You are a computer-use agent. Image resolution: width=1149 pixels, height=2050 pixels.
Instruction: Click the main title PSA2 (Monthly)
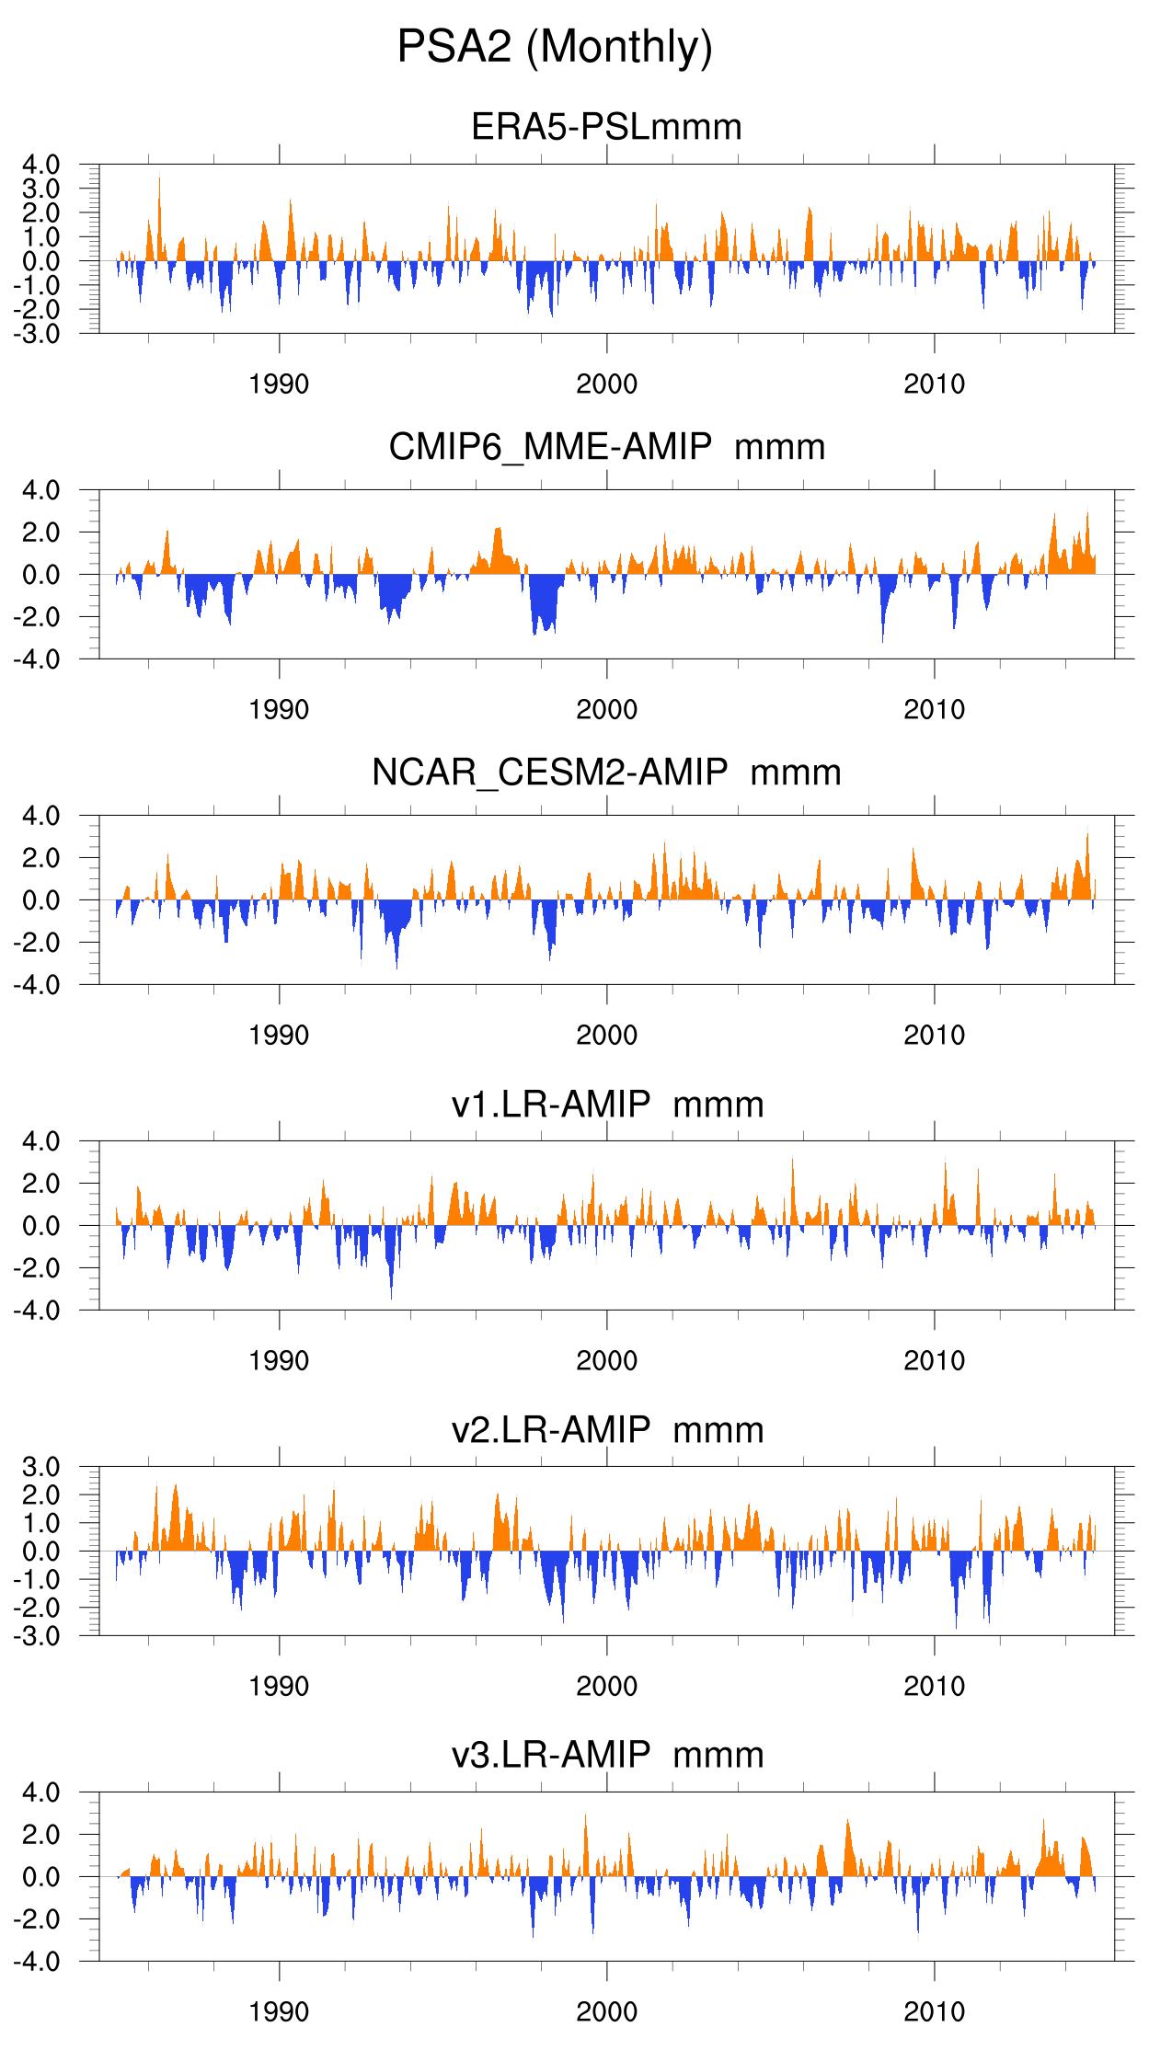click(555, 47)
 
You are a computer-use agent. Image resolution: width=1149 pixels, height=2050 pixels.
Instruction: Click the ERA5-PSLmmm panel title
click(606, 127)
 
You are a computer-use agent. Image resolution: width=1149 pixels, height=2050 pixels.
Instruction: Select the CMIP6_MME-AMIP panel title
click(606, 447)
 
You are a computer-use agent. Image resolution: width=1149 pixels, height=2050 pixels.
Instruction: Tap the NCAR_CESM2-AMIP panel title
click(606, 773)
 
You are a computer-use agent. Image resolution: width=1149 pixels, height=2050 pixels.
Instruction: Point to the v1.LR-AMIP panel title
click(606, 1105)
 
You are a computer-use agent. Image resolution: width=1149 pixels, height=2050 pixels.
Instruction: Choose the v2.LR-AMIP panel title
click(606, 1430)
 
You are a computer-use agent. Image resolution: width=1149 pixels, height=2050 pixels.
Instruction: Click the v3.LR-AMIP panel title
click(606, 1756)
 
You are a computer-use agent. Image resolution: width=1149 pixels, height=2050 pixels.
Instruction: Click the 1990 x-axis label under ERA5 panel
click(279, 384)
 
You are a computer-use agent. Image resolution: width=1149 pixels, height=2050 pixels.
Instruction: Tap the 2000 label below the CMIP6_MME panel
click(606, 710)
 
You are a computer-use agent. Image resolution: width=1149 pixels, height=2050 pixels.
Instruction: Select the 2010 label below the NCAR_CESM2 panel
click(934, 1036)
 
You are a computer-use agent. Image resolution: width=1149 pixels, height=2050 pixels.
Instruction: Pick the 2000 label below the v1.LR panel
click(606, 1361)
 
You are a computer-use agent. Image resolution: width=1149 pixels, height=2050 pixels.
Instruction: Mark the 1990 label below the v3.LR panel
click(279, 2012)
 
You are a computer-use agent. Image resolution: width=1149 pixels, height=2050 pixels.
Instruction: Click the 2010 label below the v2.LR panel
click(934, 1687)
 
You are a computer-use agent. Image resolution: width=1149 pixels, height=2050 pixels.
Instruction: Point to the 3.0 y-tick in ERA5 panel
click(40, 189)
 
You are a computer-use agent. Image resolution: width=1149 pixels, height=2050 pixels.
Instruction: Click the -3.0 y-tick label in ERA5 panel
click(37, 334)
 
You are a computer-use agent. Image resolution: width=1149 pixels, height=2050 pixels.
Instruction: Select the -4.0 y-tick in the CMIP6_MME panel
click(37, 659)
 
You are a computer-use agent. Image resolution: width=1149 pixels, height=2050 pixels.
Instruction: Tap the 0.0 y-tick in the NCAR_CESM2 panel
click(40, 900)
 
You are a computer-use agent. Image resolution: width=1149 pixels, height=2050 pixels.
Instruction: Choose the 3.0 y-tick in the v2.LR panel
click(40, 1467)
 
